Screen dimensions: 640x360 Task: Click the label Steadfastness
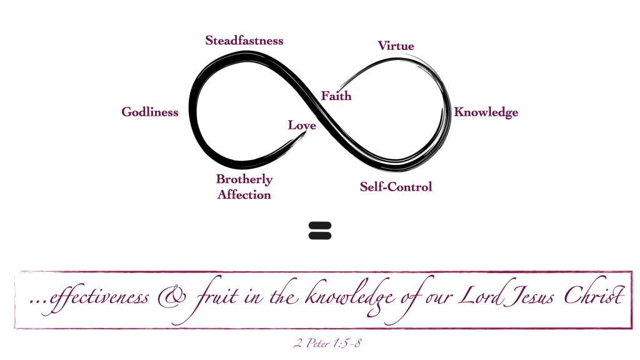[x=244, y=41]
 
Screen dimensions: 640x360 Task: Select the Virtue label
[x=396, y=46]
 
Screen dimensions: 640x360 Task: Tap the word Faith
[x=336, y=96]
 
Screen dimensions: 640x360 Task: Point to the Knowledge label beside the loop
[x=486, y=112]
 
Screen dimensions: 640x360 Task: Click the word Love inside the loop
[x=302, y=125]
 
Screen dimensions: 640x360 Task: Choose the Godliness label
[x=150, y=112]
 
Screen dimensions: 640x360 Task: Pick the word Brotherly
[x=244, y=179]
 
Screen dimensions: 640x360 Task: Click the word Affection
[x=244, y=195]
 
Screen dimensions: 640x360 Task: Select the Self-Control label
[x=396, y=187]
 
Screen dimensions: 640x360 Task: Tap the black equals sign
[x=320, y=231]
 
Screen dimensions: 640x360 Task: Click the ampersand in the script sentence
[x=172, y=297]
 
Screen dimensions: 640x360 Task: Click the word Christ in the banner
[x=594, y=294]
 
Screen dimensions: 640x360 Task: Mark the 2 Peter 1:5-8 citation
[x=327, y=343]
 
